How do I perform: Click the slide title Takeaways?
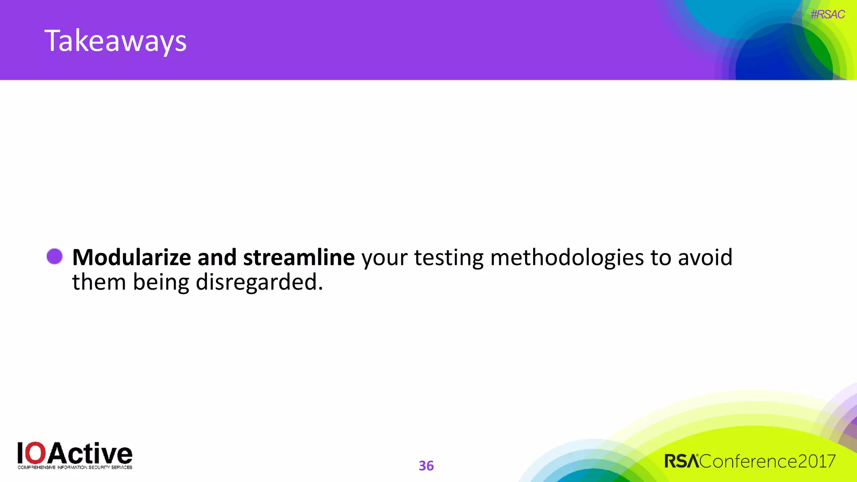(115, 41)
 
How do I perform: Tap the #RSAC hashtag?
(827, 15)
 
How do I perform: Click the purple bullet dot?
(54, 256)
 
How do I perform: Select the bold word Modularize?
(131, 257)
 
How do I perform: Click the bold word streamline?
(299, 257)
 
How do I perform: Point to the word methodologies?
(567, 257)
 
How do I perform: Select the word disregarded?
(259, 282)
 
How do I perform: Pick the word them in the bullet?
(99, 282)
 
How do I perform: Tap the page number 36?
(426, 466)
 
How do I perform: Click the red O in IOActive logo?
(37, 453)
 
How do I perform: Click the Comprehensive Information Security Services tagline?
(75, 467)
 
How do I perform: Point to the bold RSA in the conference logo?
(681, 461)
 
